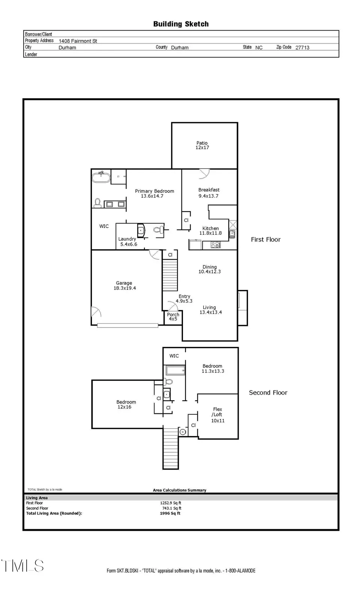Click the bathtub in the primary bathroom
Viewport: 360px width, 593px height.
coord(101,177)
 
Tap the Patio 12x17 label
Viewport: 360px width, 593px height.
coord(202,145)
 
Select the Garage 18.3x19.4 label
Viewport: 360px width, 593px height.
coord(124,286)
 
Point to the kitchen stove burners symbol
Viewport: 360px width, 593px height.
coord(216,245)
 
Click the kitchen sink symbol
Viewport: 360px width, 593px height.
coord(232,234)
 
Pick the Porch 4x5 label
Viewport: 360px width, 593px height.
coord(173,317)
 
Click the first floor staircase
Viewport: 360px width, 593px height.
coord(169,275)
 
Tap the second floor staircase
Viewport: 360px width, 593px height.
coord(171,449)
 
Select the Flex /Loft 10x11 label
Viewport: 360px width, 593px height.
coord(217,415)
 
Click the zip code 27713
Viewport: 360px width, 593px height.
coord(302,48)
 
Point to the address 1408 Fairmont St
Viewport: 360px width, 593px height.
coord(78,41)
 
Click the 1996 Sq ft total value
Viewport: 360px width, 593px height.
coord(170,513)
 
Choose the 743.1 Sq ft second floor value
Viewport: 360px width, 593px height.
coord(171,508)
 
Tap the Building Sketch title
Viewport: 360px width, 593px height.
coord(181,24)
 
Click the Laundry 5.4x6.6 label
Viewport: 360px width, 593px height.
coord(127,242)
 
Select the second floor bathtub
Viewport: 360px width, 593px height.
coord(175,370)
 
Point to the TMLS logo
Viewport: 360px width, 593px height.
coord(22,566)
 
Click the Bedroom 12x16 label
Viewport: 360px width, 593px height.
coord(126,404)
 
